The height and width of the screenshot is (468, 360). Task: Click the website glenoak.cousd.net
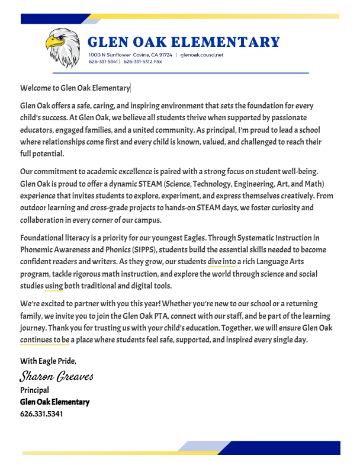click(x=202, y=55)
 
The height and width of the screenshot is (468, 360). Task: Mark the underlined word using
click(x=54, y=286)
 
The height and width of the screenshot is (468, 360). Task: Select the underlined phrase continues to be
click(x=45, y=340)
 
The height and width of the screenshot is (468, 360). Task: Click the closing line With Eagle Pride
click(x=48, y=361)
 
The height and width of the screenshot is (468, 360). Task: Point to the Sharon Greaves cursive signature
click(x=57, y=376)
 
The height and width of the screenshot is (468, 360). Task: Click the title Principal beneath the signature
click(x=34, y=390)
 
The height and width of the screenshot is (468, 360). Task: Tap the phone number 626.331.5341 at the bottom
click(x=41, y=413)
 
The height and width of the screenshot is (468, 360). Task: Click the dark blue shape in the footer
click(x=284, y=448)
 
